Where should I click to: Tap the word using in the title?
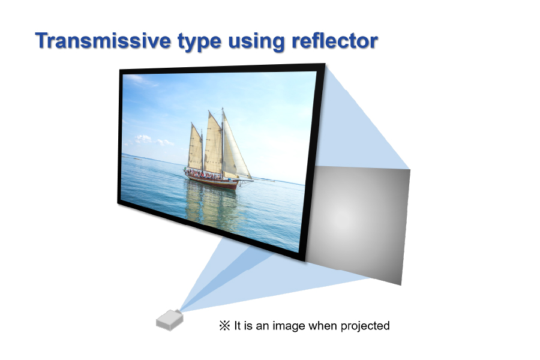pos(256,42)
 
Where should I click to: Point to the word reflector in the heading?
pos(334,40)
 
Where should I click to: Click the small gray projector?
pos(169,320)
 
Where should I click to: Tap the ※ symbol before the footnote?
pos(224,326)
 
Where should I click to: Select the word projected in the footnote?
pos(365,326)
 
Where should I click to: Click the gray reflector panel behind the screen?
pos(358,224)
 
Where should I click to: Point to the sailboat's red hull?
pos(211,181)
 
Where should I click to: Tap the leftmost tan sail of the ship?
pos(196,148)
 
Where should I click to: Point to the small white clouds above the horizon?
pos(153,140)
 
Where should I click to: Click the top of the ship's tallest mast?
pos(223,108)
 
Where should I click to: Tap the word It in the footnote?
pos(237,326)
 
